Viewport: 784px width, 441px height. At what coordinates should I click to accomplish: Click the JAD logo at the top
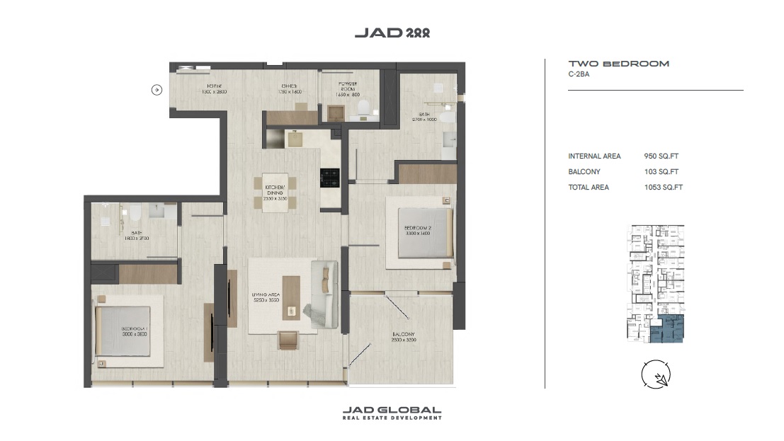(x=392, y=33)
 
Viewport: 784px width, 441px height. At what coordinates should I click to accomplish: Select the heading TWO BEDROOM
(x=618, y=64)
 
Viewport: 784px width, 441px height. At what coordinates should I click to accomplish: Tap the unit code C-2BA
(x=579, y=74)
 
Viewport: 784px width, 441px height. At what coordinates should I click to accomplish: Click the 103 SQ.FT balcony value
(x=661, y=172)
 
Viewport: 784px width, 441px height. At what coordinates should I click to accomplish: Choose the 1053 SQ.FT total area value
(x=662, y=188)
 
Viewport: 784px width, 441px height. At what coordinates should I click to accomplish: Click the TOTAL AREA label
(x=589, y=188)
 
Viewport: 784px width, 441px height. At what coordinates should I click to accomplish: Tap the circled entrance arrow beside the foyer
(x=157, y=90)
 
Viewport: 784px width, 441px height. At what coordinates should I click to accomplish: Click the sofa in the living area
(x=324, y=294)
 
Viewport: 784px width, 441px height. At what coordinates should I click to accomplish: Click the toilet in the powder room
(x=363, y=106)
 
